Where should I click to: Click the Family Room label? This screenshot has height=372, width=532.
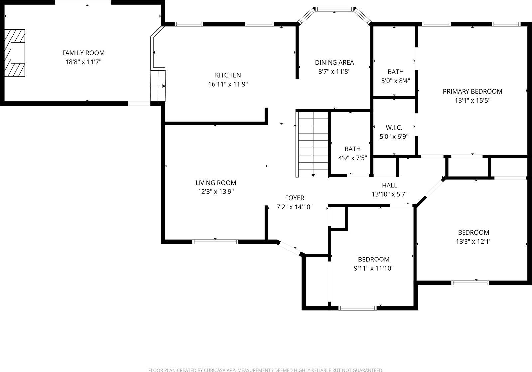tap(83, 53)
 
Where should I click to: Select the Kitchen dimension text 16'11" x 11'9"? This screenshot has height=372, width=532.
tap(228, 84)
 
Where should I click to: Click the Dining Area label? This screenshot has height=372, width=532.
tap(334, 62)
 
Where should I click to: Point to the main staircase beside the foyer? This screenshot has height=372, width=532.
tap(312, 144)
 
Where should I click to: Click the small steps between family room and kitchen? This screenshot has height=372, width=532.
tap(158, 86)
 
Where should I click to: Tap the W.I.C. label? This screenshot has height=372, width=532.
tap(394, 127)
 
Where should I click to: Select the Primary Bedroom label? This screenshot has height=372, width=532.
tap(472, 91)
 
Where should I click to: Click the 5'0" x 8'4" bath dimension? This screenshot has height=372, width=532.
tap(395, 81)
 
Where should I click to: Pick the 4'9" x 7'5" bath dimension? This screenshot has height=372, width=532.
tap(352, 158)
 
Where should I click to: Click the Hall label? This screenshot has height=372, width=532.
tap(389, 186)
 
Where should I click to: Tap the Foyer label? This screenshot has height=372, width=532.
tap(294, 198)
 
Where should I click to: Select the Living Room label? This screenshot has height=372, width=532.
tap(216, 183)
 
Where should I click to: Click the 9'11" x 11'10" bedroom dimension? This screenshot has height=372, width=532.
tap(374, 268)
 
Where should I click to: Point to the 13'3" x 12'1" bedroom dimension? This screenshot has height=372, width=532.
tap(473, 242)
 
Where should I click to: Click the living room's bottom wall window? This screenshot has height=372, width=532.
tap(215, 242)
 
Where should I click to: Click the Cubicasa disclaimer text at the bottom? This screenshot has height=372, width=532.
tap(266, 370)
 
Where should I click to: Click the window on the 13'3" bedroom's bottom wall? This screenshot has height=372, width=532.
tap(470, 283)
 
